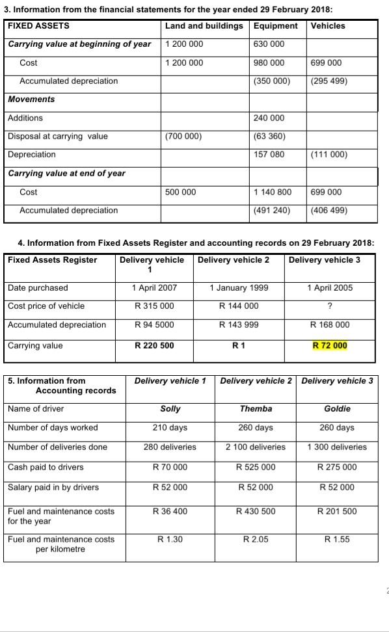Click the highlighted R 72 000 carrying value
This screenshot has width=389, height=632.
(x=330, y=345)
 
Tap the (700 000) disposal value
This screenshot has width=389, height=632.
(x=184, y=137)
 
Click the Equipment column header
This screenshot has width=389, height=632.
(x=275, y=26)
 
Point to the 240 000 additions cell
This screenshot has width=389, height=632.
(x=269, y=118)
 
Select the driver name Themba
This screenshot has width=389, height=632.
(x=256, y=409)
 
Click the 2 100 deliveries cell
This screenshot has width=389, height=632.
(x=256, y=447)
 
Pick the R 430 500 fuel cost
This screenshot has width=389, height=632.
(x=256, y=512)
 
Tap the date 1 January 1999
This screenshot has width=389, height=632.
(x=239, y=288)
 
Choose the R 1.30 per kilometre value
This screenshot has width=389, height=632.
(x=170, y=539)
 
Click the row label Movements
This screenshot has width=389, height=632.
(x=31, y=99)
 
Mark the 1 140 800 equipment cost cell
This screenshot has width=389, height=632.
(x=272, y=192)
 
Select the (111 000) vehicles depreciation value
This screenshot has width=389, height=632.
(x=329, y=155)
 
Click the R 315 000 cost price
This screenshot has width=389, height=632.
(x=154, y=306)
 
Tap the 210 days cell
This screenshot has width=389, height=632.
(x=170, y=428)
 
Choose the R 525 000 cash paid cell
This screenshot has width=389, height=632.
(x=256, y=467)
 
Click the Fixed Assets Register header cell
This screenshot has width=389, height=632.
(x=53, y=260)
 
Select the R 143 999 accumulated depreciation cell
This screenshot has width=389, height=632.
(x=239, y=325)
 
